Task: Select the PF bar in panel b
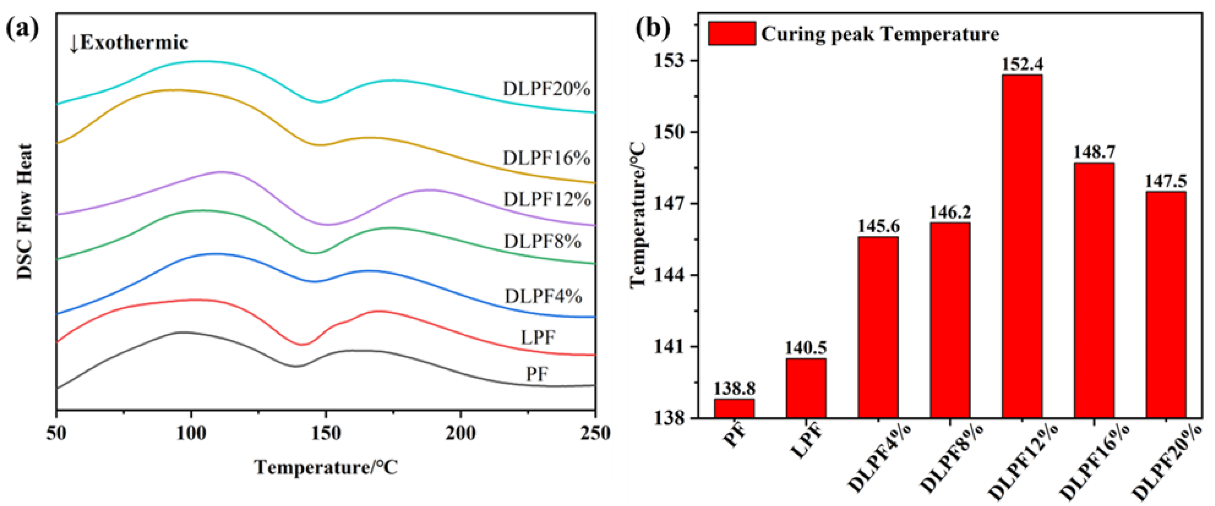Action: coord(734,408)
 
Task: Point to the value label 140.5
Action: coord(805,348)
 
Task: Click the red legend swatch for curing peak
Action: coord(731,33)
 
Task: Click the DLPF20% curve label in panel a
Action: coord(546,89)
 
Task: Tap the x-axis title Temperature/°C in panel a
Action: coord(326,467)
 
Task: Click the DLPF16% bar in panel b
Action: coord(1094,290)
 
